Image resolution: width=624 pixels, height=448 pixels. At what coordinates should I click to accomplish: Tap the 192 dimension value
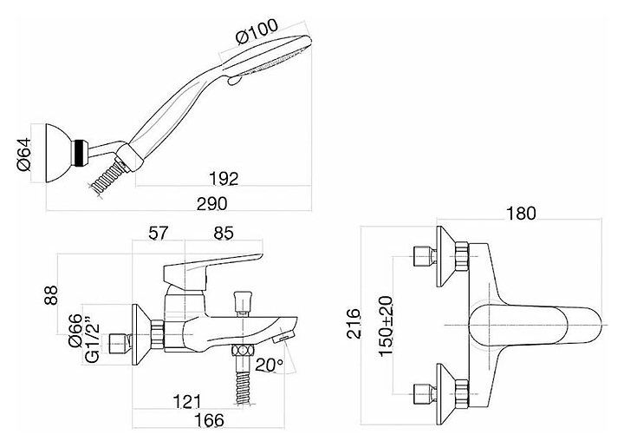point(224,178)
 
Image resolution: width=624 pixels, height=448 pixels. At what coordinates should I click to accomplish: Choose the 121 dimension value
point(185,400)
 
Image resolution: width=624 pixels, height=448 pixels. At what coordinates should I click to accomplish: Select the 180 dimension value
point(519,214)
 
